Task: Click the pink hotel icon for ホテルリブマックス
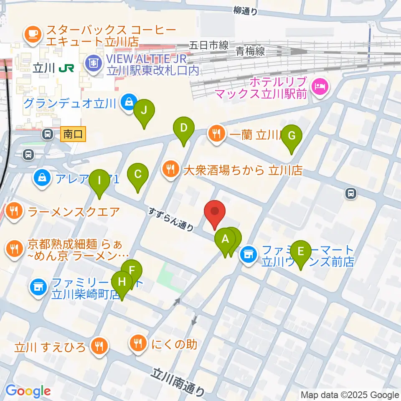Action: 320,87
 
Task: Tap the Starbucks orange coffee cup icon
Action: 33,33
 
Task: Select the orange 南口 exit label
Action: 74,134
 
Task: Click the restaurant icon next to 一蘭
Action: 216,134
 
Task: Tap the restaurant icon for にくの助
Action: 138,344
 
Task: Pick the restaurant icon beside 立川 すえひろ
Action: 99,346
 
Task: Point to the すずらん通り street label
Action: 172,219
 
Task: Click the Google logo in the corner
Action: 28,391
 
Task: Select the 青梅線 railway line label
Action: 250,51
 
